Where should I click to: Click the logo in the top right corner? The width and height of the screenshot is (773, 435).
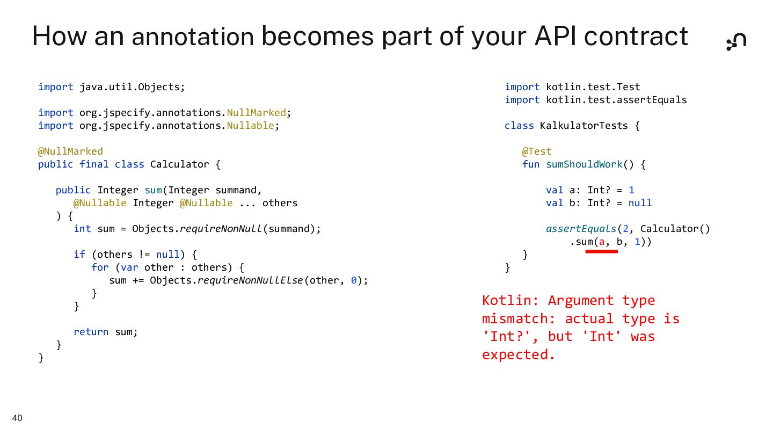coord(736,41)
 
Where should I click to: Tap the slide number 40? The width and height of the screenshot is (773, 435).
coord(17,418)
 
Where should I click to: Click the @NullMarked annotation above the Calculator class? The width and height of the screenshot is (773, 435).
coord(70,151)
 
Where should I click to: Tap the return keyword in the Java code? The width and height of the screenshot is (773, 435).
coord(91,332)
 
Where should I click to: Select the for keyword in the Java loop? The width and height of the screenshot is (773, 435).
coord(100,267)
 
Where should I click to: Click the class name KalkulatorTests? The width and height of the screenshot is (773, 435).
coord(584,126)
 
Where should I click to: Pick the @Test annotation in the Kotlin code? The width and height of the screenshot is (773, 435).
coord(536,151)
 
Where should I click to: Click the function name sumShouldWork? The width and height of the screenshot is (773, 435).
coord(584,164)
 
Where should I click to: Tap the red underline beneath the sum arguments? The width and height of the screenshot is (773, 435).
coord(601,251)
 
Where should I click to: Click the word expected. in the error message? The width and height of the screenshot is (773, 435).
coord(518,355)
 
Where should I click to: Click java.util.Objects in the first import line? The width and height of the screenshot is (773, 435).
coord(132,87)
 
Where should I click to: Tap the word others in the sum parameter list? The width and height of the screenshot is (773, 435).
coord(280,203)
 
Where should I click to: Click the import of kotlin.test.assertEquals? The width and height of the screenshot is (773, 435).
coord(616,100)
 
